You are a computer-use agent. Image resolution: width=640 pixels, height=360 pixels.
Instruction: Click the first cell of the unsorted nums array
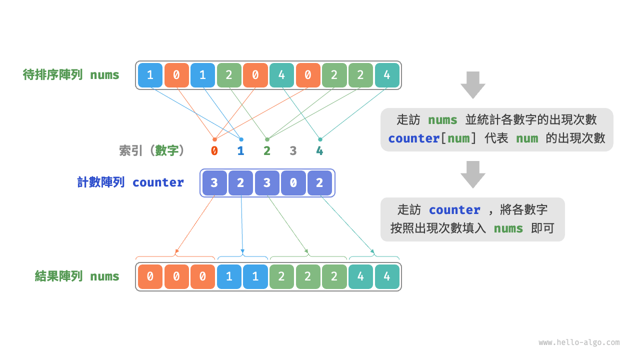pos(150,75)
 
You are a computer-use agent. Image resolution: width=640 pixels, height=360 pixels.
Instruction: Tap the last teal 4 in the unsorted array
pos(387,75)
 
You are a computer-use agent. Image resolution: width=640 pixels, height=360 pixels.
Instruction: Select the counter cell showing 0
pos(293,183)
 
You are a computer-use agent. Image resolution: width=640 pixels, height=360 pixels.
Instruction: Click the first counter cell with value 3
pos(214,183)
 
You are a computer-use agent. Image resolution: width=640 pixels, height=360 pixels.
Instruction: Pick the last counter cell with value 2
pos(320,183)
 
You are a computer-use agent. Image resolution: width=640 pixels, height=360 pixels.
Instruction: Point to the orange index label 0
pos(214,150)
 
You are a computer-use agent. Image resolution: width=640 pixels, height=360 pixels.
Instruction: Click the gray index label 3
pos(293,150)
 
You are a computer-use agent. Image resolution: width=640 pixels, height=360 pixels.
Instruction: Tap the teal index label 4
pos(319,150)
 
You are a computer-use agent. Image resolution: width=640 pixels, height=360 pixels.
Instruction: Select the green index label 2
pos(267,150)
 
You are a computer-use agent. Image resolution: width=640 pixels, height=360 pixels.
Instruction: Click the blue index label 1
pos(240,150)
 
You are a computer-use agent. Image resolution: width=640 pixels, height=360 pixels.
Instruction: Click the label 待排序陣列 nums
pos(71,75)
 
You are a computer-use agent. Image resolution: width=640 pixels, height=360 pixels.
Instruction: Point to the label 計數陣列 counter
pos(130,182)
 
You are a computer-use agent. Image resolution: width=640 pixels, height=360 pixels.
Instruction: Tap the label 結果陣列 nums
pos(77,276)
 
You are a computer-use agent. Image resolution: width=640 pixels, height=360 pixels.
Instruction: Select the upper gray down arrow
pos(472,84)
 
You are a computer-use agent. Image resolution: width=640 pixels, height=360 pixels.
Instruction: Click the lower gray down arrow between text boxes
pos(472,174)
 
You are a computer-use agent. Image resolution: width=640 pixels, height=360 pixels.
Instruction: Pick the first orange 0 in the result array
pos(150,276)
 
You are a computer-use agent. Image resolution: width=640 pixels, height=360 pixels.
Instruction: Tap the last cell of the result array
pos(387,276)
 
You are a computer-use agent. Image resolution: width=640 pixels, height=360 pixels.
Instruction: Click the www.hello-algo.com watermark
pos(579,342)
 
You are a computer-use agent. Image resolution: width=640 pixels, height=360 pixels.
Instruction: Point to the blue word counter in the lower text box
pos(454,210)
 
